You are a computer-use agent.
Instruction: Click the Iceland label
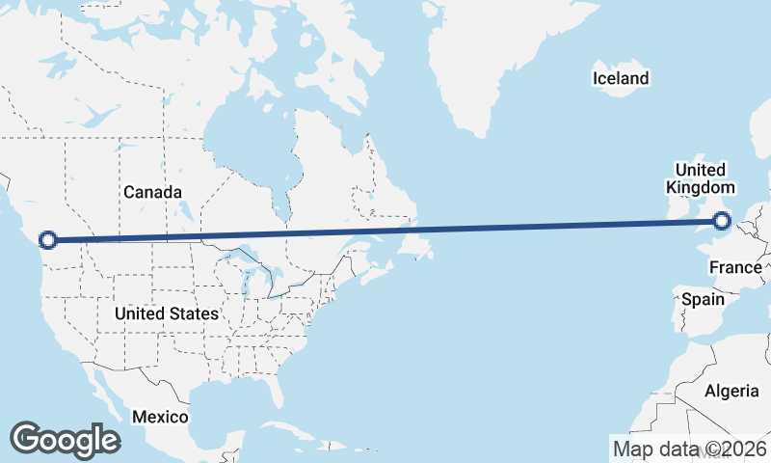pos(621,78)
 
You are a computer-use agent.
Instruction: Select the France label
pos(735,267)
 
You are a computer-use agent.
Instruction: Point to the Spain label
pos(703,299)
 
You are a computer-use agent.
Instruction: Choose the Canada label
pos(152,192)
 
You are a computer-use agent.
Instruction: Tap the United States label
pos(166,314)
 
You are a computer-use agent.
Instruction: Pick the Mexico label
pos(160,417)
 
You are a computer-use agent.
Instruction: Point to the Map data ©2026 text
pos(689,449)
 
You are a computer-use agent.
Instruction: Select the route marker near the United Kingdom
pos(722,223)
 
